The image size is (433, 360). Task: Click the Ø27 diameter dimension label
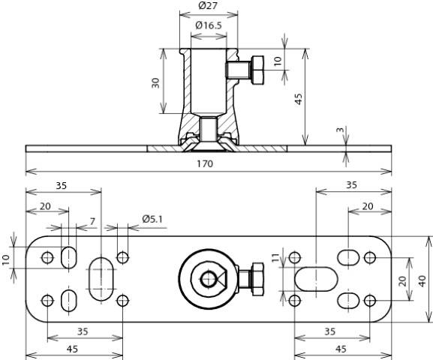(209, 6)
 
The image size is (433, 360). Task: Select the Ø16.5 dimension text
(209, 25)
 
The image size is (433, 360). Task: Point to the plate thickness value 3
(340, 131)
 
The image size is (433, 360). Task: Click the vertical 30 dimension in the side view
(155, 82)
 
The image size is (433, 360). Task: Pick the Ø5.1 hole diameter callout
(153, 219)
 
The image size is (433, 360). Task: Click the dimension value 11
(275, 259)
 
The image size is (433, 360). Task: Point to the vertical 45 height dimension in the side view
(298, 98)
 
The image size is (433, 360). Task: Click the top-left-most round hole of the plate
(47, 257)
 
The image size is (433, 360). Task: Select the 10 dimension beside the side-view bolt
(278, 61)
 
